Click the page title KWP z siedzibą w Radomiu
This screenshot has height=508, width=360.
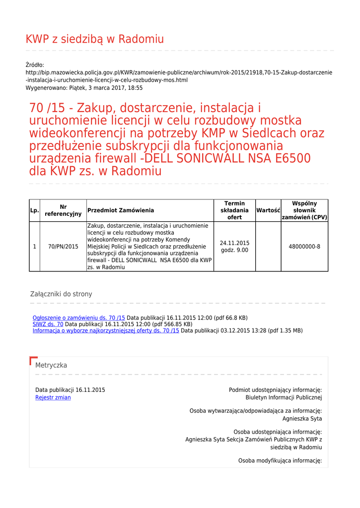[x=94, y=39]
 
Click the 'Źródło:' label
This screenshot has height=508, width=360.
[x=35, y=65]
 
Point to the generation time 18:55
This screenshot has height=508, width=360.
[x=135, y=88]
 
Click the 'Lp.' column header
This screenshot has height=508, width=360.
[x=34, y=210]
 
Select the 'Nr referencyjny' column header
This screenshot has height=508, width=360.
[x=63, y=210]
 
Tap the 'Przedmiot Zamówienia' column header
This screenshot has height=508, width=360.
[x=121, y=210]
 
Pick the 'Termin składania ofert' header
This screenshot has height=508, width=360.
[x=234, y=210]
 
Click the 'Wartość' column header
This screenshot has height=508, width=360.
[x=268, y=210]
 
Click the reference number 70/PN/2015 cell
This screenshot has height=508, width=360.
[x=63, y=247]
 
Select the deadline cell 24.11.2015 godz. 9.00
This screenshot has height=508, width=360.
[x=234, y=247]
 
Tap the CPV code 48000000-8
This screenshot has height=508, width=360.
[x=304, y=247]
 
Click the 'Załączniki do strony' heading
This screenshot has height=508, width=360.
[x=61, y=294]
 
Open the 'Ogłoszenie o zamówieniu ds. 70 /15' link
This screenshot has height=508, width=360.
[x=79, y=317]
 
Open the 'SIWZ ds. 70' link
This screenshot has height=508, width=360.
[x=48, y=324]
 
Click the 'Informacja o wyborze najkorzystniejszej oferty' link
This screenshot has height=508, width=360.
[x=106, y=330]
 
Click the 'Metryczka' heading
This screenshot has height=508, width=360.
[x=51, y=365]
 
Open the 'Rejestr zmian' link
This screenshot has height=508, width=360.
[x=53, y=398]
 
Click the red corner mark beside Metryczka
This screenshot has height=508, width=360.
[x=33, y=360]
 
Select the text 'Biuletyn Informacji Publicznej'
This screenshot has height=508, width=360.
[x=284, y=398]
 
